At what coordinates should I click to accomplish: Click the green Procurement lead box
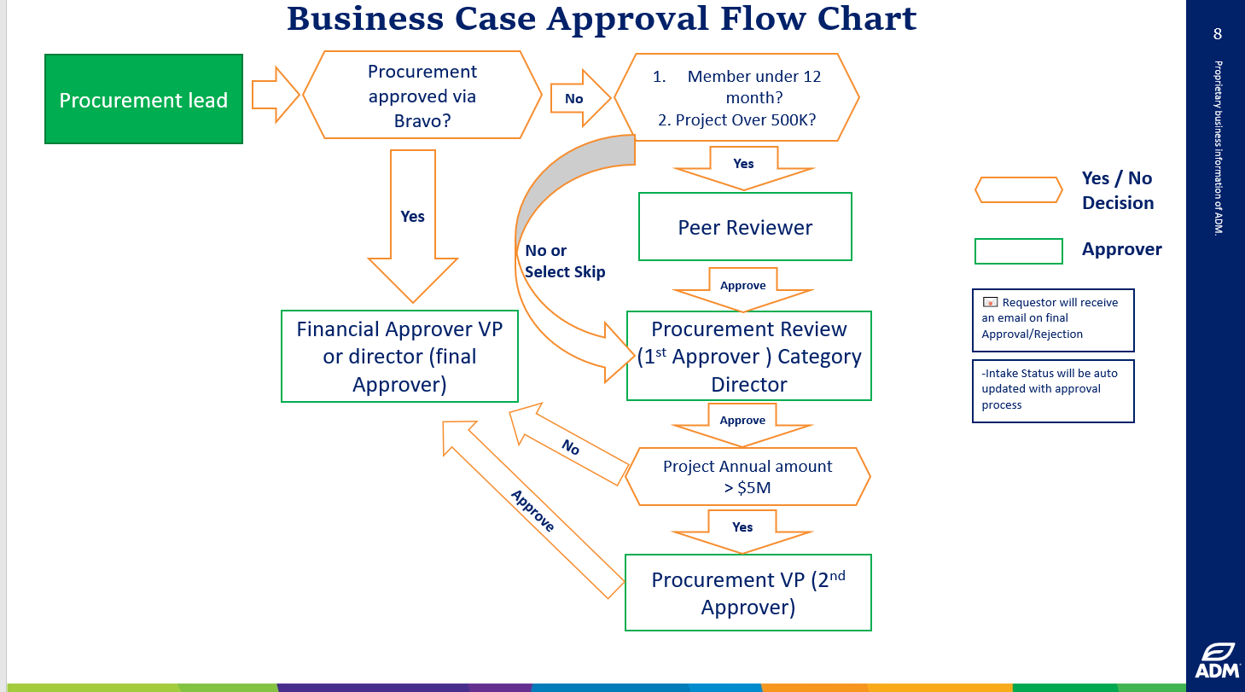coord(143,100)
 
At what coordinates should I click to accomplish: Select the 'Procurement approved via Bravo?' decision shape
coord(422,96)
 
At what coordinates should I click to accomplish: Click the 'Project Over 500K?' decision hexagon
coord(736,97)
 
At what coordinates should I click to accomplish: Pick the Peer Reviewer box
coord(745,227)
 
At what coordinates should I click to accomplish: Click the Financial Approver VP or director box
coord(399,356)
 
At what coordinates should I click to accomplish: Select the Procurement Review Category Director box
coord(748,356)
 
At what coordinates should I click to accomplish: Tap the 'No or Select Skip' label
coord(564,261)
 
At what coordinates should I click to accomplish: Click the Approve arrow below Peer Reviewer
coord(742,288)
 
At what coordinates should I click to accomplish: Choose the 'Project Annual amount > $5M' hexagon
coord(747,477)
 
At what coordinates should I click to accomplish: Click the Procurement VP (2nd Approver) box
coord(748,593)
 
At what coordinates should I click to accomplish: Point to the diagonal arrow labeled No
coord(569,446)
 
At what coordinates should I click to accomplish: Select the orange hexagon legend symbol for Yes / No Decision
coord(1018,190)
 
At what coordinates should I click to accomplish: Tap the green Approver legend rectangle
coord(1018,251)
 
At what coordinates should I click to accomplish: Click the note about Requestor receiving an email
coord(1052,319)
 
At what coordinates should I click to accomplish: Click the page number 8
coord(1217,34)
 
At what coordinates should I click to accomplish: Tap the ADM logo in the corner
coord(1217,660)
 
